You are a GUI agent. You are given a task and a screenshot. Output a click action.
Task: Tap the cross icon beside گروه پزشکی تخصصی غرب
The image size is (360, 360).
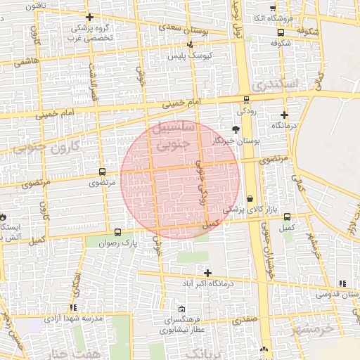tap(89, 17)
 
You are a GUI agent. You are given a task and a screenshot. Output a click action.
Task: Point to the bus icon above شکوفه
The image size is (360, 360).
tap(281, 32)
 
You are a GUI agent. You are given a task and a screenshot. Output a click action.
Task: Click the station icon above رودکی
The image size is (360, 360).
tap(245, 100)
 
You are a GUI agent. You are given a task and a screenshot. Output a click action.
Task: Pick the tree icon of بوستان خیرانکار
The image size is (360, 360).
tap(236, 129)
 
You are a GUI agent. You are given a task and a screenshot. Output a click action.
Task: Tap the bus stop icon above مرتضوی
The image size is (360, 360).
tap(103, 172)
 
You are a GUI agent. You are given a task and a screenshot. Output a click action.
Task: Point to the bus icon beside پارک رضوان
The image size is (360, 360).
tap(117, 232)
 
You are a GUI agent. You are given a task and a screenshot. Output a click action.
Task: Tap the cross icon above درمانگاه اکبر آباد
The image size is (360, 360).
tap(207, 272)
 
